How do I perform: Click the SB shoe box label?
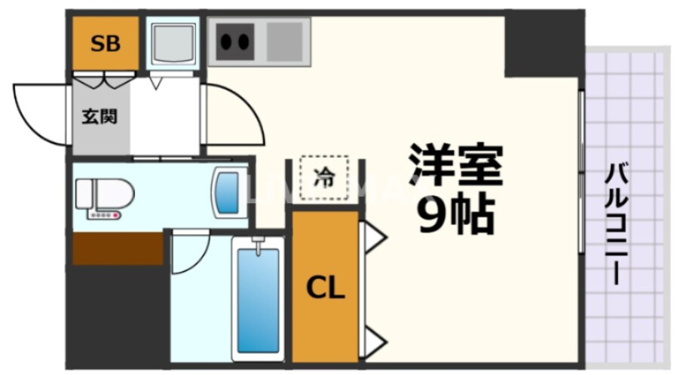[x=106, y=44]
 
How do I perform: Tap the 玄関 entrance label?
[x=100, y=117]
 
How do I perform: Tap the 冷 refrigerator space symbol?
[x=324, y=178]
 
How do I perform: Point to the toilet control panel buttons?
[x=104, y=216]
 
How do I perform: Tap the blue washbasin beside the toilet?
[x=227, y=192]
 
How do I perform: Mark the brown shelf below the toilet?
[x=118, y=248]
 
